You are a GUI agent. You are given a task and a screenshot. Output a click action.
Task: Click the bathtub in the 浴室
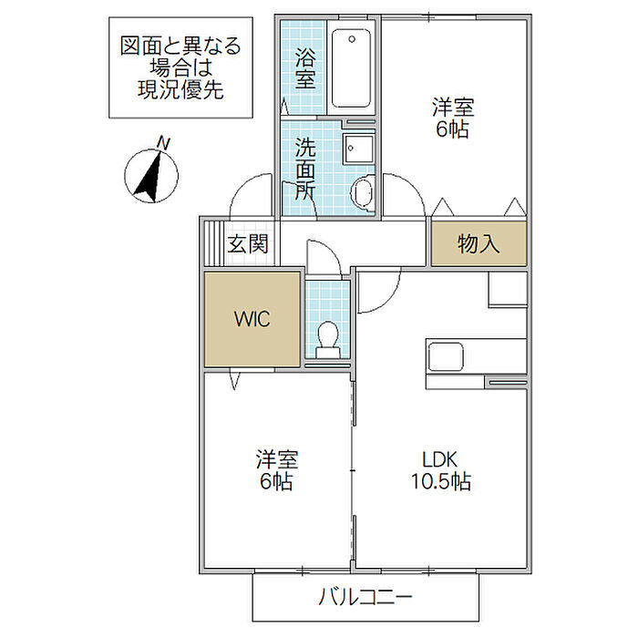pos(351,68)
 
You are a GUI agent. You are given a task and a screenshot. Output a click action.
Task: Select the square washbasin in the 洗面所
pos(359,149)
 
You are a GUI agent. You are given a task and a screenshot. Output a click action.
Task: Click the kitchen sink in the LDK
pos(445,357)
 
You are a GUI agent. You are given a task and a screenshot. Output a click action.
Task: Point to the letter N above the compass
pos(163,144)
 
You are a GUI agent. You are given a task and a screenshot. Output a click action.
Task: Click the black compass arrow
pos(149,177)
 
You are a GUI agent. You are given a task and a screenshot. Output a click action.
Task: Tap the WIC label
pos(252,319)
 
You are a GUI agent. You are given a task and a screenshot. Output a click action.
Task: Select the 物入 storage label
pos(478,243)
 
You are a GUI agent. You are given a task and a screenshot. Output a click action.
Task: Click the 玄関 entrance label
pos(248,244)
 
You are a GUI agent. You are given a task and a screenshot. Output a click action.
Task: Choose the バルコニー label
pos(365,597)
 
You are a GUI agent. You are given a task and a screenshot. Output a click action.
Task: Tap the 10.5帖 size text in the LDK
pos(440,481)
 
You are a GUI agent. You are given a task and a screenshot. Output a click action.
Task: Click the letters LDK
pos(440,459)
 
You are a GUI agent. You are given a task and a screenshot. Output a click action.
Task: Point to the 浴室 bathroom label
pos(304,68)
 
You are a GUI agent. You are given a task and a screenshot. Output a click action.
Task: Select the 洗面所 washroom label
pos(305,169)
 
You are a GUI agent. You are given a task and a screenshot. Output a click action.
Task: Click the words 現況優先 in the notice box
pos(180,89)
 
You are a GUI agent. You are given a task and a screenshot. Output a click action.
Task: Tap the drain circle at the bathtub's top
pos(352,39)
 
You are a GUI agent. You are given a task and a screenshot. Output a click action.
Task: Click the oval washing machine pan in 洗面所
pos(362,194)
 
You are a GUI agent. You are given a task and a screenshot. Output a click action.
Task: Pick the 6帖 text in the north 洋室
pos(452,129)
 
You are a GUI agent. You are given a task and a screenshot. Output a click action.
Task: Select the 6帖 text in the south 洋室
pos(276,481)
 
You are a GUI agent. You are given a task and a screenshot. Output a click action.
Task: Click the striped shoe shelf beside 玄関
pos(213,243)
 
